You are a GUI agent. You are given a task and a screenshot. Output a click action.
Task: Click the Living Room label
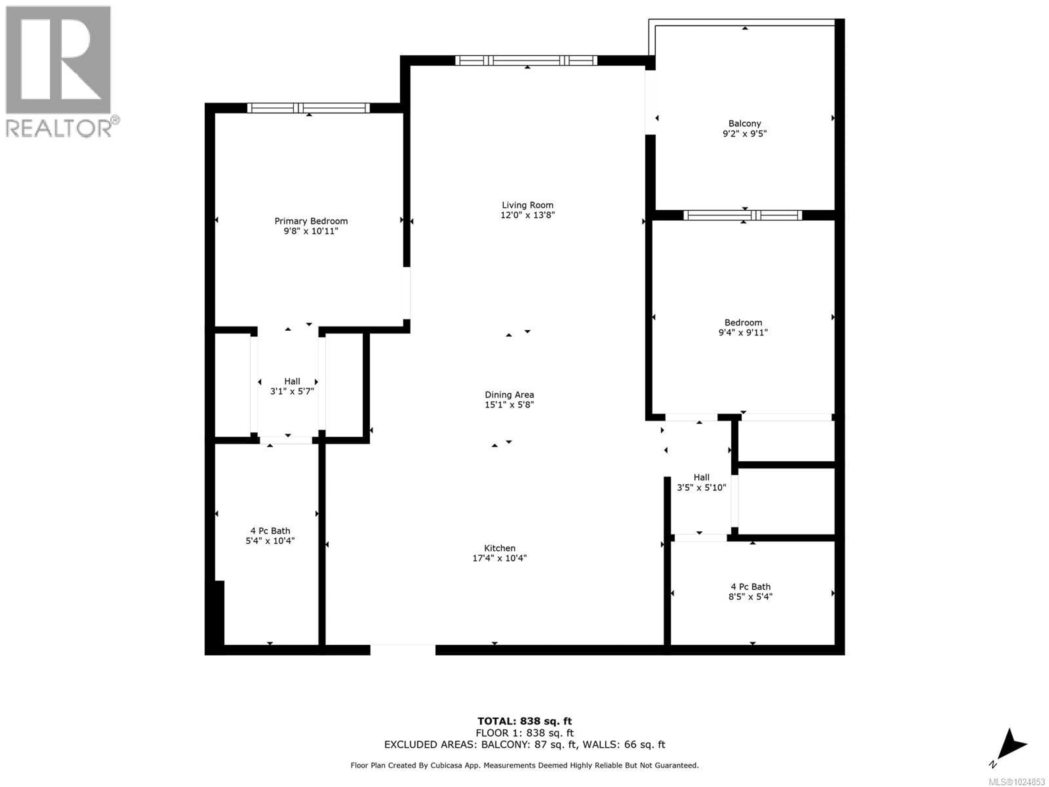pyautogui.click(x=527, y=205)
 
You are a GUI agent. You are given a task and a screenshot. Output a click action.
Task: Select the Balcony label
pyautogui.click(x=744, y=123)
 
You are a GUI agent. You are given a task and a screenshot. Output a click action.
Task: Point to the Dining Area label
pyautogui.click(x=509, y=395)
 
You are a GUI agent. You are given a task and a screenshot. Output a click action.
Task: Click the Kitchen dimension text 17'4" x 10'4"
pyautogui.click(x=499, y=558)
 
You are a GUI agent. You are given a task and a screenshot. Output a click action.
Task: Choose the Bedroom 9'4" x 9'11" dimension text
pyautogui.click(x=743, y=333)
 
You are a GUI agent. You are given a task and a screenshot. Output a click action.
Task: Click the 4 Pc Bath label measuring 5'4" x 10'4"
pyautogui.click(x=270, y=531)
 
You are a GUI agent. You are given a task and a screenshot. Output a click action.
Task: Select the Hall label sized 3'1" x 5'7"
pyautogui.click(x=292, y=381)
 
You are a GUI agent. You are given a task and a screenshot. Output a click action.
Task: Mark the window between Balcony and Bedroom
pyautogui.click(x=743, y=215)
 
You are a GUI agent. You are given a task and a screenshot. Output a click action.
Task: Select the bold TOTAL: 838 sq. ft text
pyautogui.click(x=524, y=721)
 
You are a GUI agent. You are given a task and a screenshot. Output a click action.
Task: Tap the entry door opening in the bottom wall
pyautogui.click(x=403, y=650)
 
